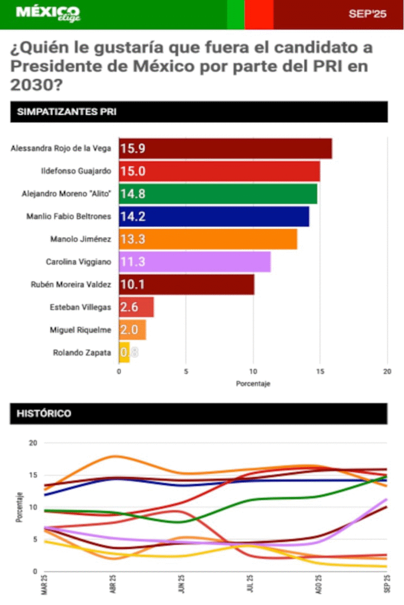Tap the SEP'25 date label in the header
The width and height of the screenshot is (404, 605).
pyautogui.click(x=367, y=14)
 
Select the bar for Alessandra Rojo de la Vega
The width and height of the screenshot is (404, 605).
pyautogui.click(x=225, y=148)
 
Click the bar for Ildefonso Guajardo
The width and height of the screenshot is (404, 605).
pyautogui.click(x=219, y=171)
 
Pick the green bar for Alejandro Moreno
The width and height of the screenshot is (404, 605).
pyautogui.click(x=218, y=194)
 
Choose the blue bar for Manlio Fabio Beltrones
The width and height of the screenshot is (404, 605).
pyautogui.click(x=214, y=216)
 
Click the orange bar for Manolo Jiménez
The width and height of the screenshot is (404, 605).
pyautogui.click(x=208, y=239)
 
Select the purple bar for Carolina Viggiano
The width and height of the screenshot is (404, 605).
pyautogui.click(x=195, y=262)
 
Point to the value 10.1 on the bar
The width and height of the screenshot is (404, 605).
pyautogui.click(x=132, y=285)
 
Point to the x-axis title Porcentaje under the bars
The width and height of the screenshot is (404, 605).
pyautogui.click(x=253, y=384)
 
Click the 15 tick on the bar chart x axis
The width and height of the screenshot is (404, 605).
pyautogui.click(x=320, y=371)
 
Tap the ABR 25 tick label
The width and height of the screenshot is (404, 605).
pyautogui.click(x=112, y=586)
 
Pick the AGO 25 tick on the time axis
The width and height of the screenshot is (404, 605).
pyautogui.click(x=318, y=586)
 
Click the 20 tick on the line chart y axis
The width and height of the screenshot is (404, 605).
pyautogui.click(x=33, y=443)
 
